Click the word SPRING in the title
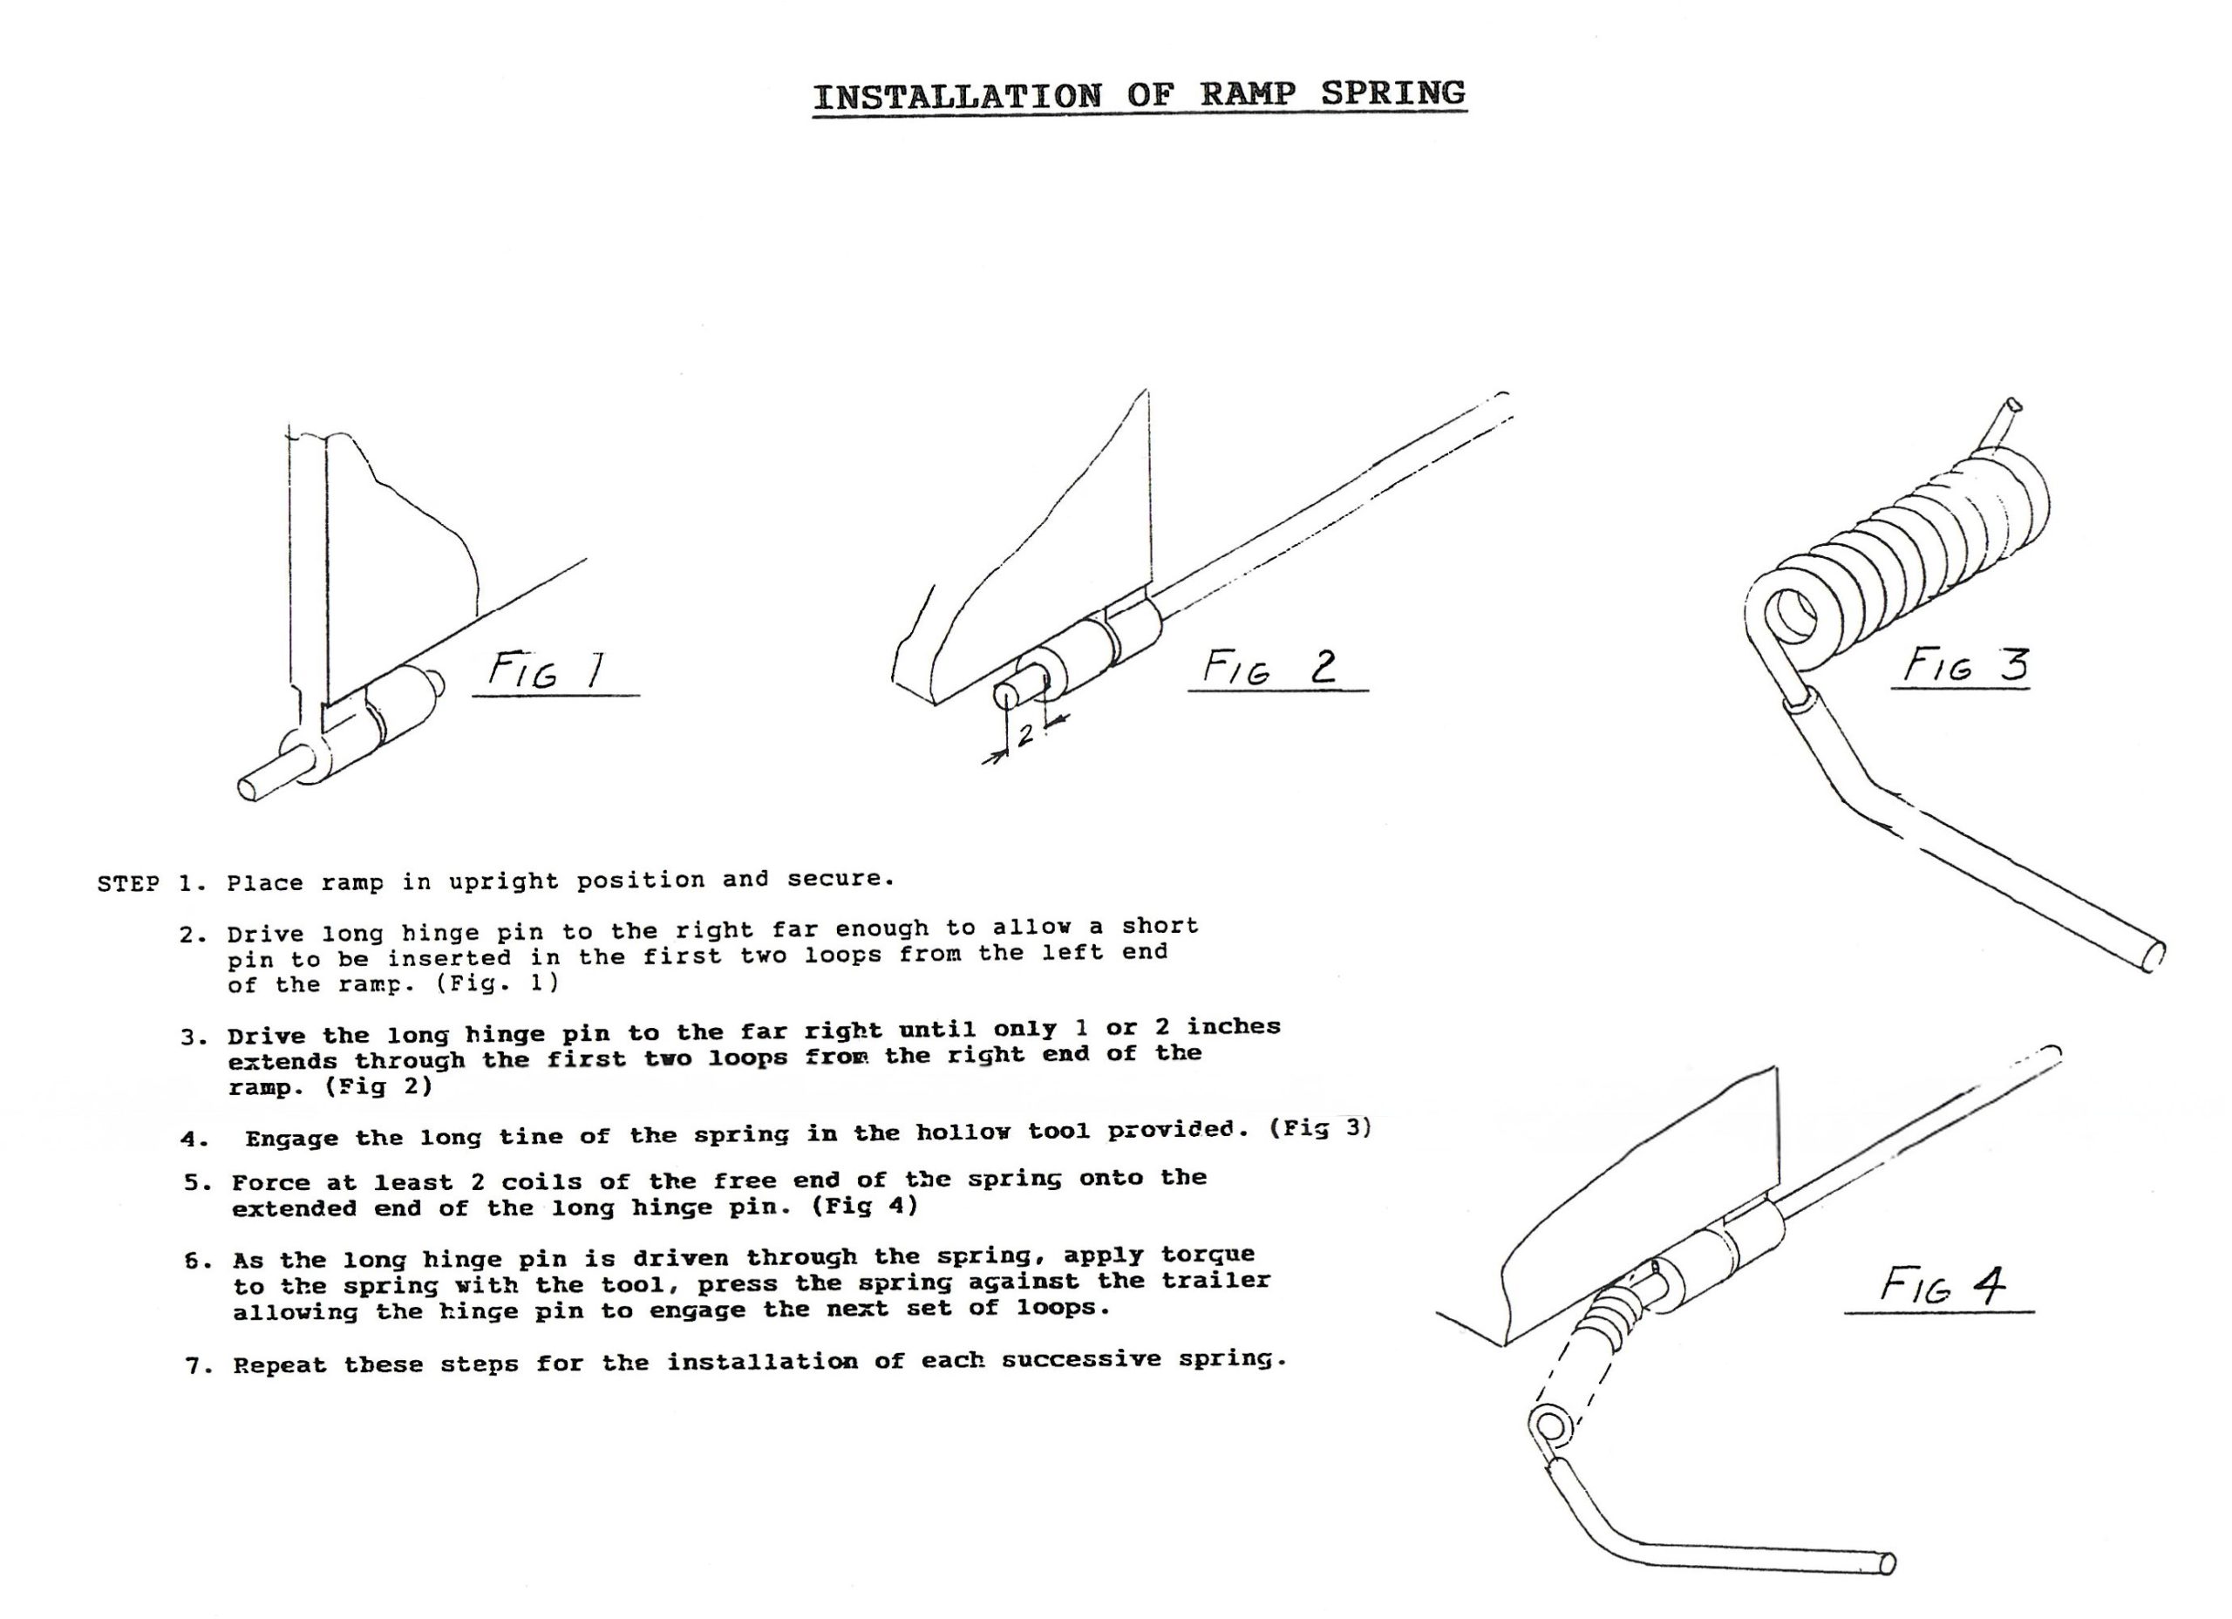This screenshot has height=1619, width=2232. click(1392, 92)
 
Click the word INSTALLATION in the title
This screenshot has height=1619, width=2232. click(957, 97)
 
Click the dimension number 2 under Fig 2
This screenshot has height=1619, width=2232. click(1024, 734)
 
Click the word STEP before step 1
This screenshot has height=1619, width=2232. click(128, 883)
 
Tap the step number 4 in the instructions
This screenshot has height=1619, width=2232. click(193, 1139)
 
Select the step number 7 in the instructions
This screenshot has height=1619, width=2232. click(194, 1366)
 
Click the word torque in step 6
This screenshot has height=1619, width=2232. click(1208, 1255)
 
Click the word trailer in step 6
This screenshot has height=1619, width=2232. click(1215, 1281)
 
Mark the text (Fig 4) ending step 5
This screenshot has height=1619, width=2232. click(864, 1207)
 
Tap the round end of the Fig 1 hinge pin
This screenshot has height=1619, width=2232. click(252, 788)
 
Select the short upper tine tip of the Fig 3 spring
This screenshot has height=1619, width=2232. click(2013, 405)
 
